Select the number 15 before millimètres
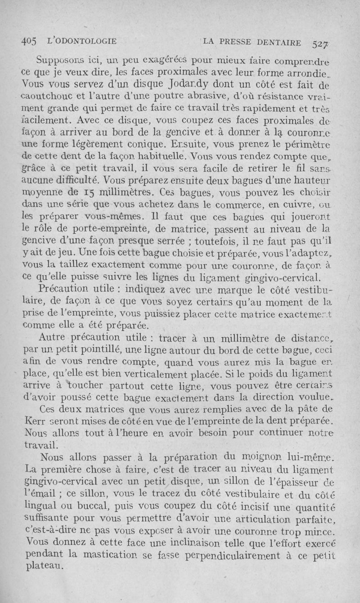click(x=90, y=194)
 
